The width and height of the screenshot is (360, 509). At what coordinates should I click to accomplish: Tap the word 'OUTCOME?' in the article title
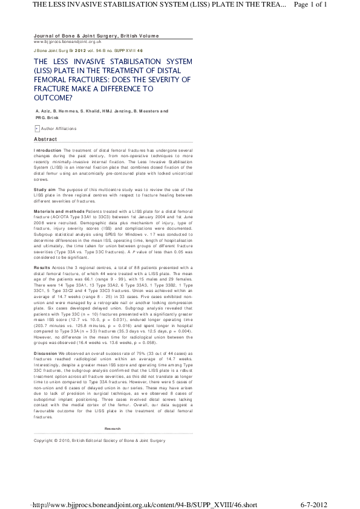(x=53, y=97)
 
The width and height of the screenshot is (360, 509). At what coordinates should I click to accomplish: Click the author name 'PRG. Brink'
(x=48, y=118)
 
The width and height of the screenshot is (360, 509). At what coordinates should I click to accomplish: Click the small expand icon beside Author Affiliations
(x=36, y=129)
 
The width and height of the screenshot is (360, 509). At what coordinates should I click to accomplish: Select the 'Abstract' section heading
(x=45, y=140)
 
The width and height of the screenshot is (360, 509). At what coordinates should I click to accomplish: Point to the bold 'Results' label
(x=42, y=267)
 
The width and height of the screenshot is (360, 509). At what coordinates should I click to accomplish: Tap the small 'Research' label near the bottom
(x=113, y=429)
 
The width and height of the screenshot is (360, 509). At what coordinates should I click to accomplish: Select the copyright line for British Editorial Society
(x=99, y=441)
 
